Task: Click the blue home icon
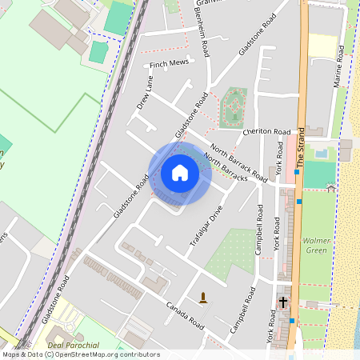click(180, 173)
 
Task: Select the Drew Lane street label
click(144, 92)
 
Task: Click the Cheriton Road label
click(267, 131)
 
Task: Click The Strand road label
click(302, 144)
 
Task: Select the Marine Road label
click(338, 67)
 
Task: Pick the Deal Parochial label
click(73, 345)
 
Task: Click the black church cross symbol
click(283, 302)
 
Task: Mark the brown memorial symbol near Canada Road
click(203, 298)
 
